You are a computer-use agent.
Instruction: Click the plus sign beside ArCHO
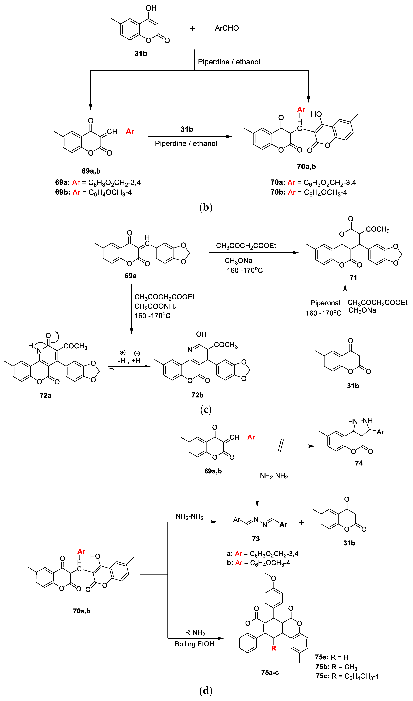192,29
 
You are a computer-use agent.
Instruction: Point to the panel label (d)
206,690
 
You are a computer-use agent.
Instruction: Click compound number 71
353,278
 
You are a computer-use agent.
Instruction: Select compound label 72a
45,395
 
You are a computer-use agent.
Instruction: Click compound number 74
359,463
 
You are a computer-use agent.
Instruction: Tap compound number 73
256,539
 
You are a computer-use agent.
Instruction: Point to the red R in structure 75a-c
274,648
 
